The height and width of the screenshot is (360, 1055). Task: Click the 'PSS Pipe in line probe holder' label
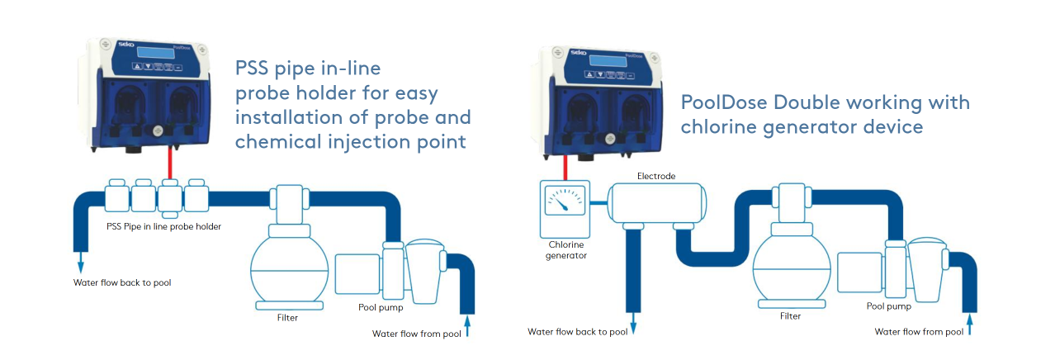tap(163, 226)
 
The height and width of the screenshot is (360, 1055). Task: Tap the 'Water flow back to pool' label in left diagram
tap(122, 282)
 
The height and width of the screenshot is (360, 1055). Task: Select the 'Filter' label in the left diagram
tap(287, 317)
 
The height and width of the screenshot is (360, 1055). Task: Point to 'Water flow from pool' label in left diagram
tap(416, 334)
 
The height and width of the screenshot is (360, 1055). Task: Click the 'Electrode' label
tap(656, 176)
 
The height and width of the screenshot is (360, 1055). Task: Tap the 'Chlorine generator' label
tap(566, 249)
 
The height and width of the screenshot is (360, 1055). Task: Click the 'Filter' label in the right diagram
tap(790, 315)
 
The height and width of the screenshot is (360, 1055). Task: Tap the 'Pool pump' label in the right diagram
tap(888, 306)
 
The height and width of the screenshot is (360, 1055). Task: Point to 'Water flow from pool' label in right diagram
tap(919, 332)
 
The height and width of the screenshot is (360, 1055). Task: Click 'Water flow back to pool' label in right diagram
tap(577, 332)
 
